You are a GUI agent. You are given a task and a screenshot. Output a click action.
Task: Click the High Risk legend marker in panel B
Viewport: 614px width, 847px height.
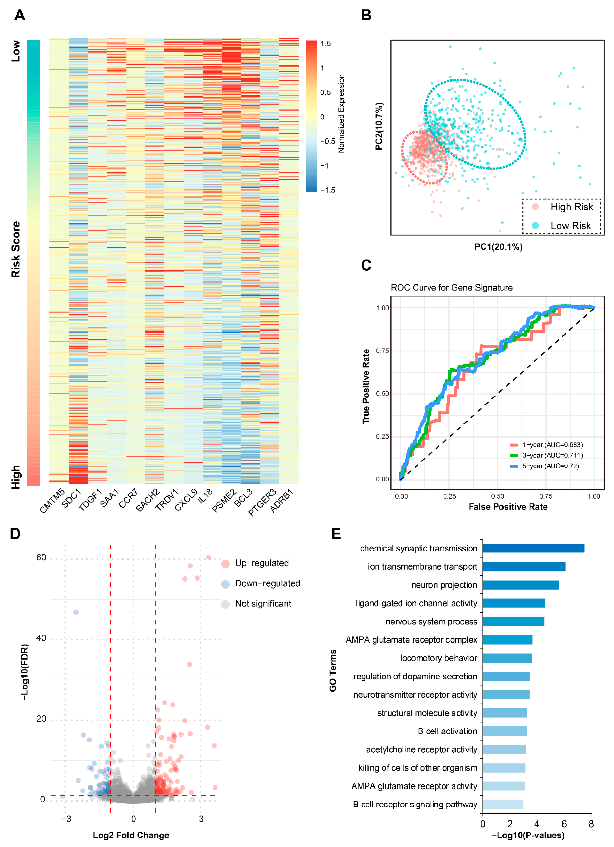535,207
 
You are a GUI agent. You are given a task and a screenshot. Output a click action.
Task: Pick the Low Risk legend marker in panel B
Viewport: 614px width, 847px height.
535,226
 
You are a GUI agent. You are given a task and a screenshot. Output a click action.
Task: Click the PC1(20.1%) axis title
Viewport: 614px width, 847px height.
498,247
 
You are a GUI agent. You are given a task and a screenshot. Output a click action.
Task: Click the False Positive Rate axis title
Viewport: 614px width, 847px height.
508,507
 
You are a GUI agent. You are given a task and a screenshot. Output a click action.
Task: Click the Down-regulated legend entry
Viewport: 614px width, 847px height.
267,583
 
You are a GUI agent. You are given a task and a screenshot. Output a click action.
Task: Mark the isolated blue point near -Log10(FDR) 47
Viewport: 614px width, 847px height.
76,612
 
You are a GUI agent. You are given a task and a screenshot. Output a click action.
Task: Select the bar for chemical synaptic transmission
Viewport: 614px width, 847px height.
533,548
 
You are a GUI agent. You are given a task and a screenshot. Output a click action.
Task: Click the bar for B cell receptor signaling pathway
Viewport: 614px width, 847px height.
503,805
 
